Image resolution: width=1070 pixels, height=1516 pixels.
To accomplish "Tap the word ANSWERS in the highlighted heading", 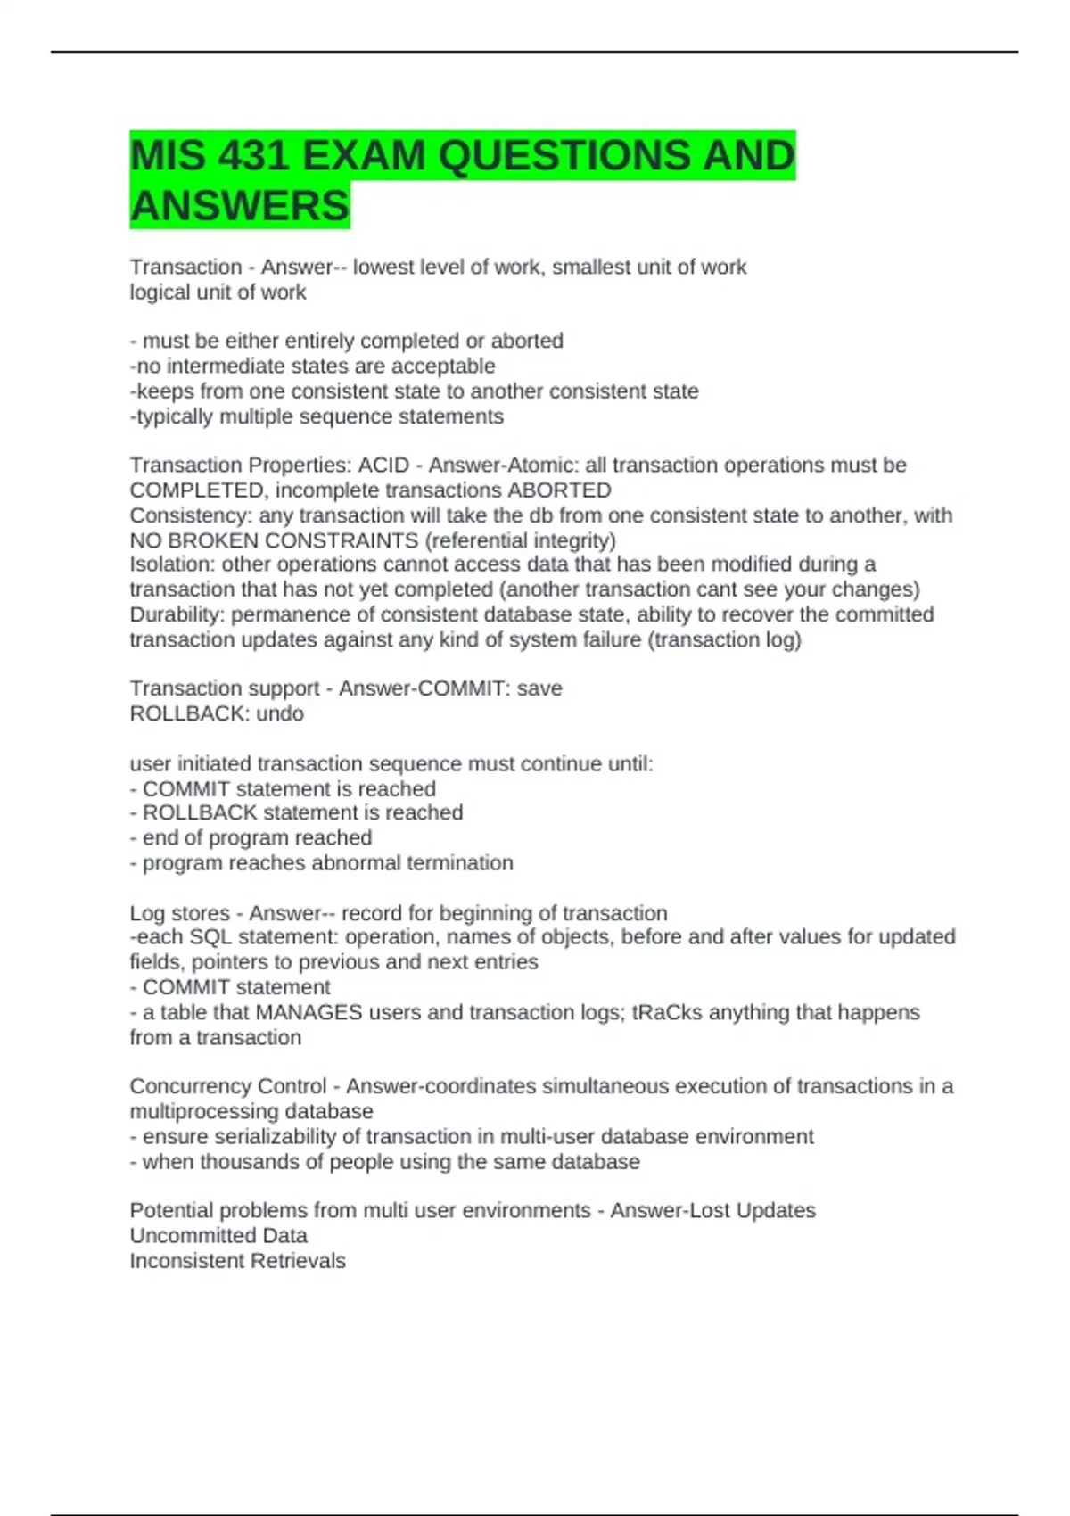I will [239, 206].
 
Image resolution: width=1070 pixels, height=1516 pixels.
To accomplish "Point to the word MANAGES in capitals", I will [309, 1012].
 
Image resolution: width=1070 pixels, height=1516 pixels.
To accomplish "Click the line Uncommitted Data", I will [218, 1236].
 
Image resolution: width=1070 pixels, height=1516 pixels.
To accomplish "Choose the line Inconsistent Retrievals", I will [237, 1261].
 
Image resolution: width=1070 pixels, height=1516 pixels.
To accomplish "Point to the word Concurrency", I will [183, 1086].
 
